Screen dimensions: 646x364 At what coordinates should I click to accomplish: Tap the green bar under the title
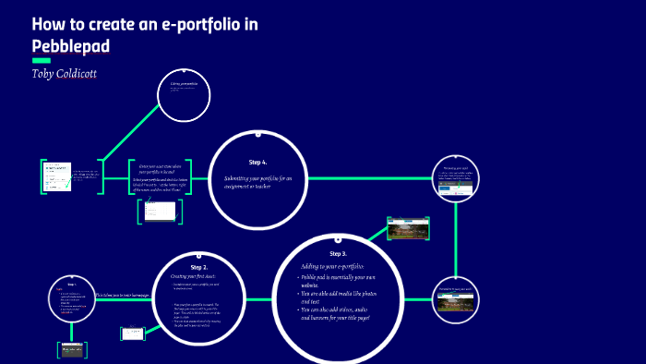click(41, 61)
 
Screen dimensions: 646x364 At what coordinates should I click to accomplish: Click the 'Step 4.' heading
click(257, 162)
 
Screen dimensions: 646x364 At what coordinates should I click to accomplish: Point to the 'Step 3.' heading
click(338, 253)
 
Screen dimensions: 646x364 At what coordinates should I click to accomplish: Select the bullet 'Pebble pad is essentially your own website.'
click(337, 281)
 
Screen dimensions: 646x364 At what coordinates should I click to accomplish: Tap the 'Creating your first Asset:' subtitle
click(192, 275)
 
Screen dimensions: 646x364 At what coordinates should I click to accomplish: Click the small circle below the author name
click(185, 95)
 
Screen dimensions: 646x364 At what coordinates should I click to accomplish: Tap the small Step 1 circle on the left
click(72, 295)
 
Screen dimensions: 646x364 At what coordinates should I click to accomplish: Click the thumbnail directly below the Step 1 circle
click(72, 349)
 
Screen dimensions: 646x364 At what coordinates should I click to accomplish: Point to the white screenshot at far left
click(56, 176)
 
